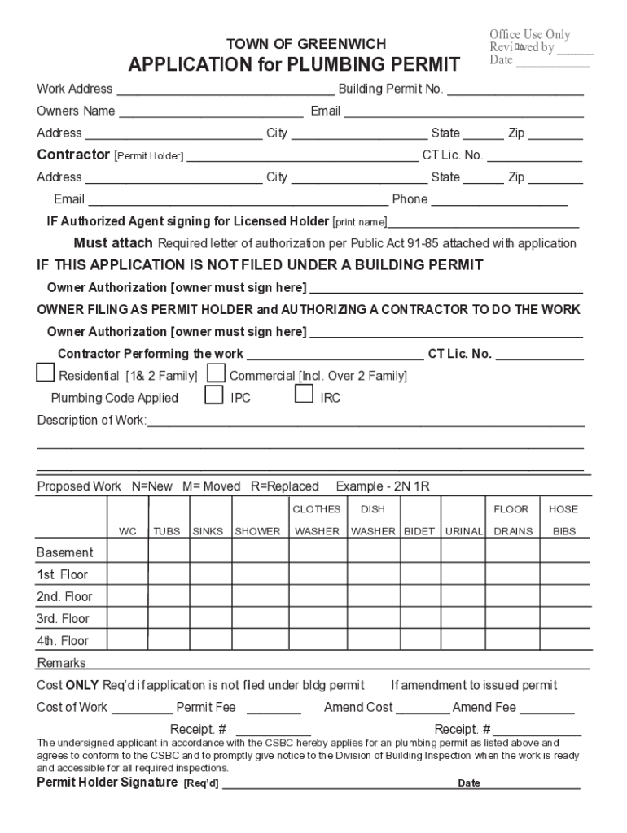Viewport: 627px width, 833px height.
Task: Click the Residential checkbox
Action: pyautogui.click(x=46, y=373)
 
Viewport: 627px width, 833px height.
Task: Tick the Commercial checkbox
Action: pyautogui.click(x=217, y=373)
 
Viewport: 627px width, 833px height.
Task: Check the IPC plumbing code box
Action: pyautogui.click(x=213, y=395)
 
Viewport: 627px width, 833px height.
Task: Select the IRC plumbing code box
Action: pyautogui.click(x=304, y=395)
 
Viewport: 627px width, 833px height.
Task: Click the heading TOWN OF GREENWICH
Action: pyautogui.click(x=305, y=44)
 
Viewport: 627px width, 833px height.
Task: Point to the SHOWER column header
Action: pyautogui.click(x=257, y=531)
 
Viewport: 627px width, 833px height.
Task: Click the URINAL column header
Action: pyautogui.click(x=464, y=531)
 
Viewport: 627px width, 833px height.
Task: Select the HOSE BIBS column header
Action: pyautogui.click(x=563, y=521)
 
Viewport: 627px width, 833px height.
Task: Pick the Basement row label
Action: pyautogui.click(x=65, y=552)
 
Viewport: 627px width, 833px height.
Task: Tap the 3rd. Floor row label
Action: pyautogui.click(x=64, y=618)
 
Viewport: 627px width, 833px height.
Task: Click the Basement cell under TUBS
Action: pyautogui.click(x=168, y=552)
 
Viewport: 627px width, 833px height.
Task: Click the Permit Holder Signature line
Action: pyautogui.click(x=334, y=785)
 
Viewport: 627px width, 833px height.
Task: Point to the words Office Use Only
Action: pyautogui.click(x=529, y=34)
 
